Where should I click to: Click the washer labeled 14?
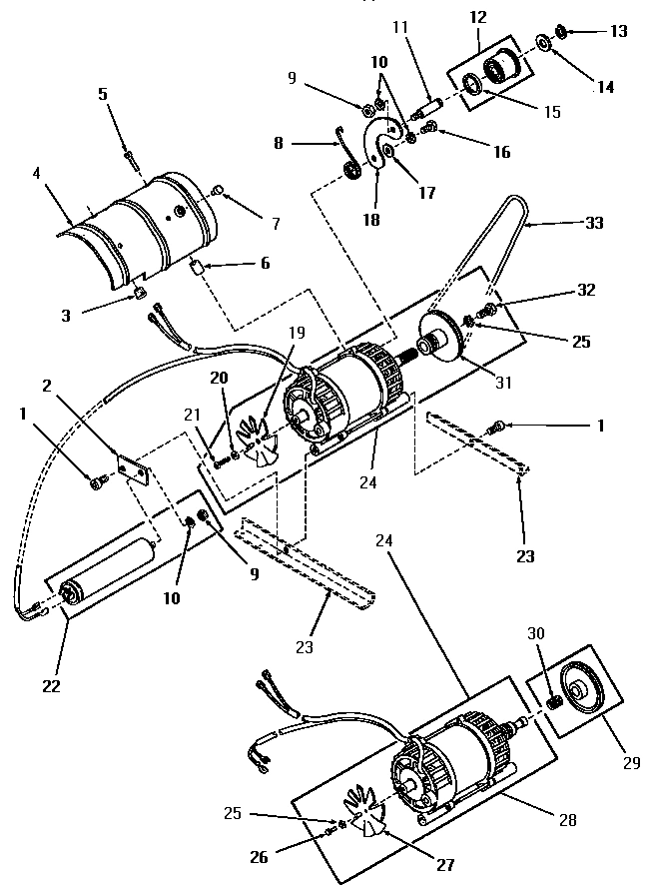coord(545,43)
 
